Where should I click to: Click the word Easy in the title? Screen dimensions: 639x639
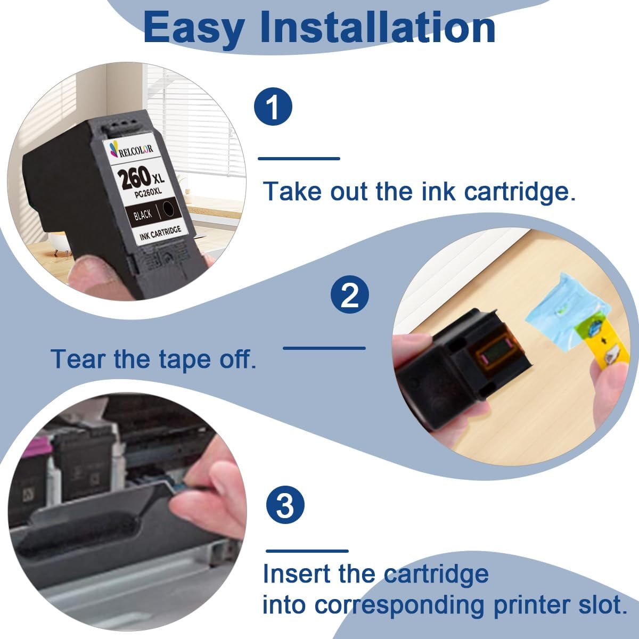[193, 28]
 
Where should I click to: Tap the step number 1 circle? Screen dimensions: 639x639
[273, 107]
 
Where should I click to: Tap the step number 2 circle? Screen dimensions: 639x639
[349, 294]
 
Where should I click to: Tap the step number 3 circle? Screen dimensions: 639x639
[285, 506]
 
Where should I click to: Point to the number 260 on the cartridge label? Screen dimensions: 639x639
[136, 178]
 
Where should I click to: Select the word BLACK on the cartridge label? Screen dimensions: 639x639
[143, 215]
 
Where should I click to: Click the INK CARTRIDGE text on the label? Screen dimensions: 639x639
[160, 233]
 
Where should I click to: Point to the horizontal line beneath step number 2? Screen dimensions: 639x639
[324, 348]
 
